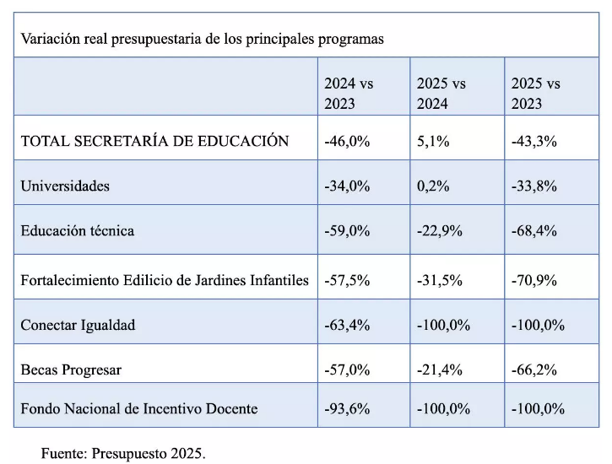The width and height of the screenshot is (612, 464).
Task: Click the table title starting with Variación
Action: click(203, 39)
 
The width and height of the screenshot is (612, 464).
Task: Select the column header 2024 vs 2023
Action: click(349, 94)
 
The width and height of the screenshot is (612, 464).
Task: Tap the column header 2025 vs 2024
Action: click(441, 94)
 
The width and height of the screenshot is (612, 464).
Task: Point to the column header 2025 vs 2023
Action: click(535, 94)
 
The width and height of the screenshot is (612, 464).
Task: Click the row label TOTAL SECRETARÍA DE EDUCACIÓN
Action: click(154, 140)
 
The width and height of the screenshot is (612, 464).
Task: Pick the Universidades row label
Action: click(65, 186)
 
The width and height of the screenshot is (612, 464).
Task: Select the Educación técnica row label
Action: click(78, 230)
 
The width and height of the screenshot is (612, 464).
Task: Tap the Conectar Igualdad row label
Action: click(78, 325)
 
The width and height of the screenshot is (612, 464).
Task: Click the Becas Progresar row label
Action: click(71, 370)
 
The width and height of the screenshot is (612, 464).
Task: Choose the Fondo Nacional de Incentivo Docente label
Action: click(139, 408)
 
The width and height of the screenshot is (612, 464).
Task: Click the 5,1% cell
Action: click(433, 141)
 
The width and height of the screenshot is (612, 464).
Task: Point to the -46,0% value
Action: click(347, 141)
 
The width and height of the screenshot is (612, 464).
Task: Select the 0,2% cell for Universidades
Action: click(433, 186)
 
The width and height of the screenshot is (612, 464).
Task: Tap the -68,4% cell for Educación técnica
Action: click(534, 231)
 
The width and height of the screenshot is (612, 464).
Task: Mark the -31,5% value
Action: click(440, 280)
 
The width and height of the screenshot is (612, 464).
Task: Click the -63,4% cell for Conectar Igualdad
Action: click(347, 325)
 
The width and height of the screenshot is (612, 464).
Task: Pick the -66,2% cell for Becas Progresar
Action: click(534, 370)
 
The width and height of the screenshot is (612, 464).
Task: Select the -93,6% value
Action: click(347, 408)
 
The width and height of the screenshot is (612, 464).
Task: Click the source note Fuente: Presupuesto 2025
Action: click(123, 454)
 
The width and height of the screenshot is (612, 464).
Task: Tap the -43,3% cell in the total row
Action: click(534, 141)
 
